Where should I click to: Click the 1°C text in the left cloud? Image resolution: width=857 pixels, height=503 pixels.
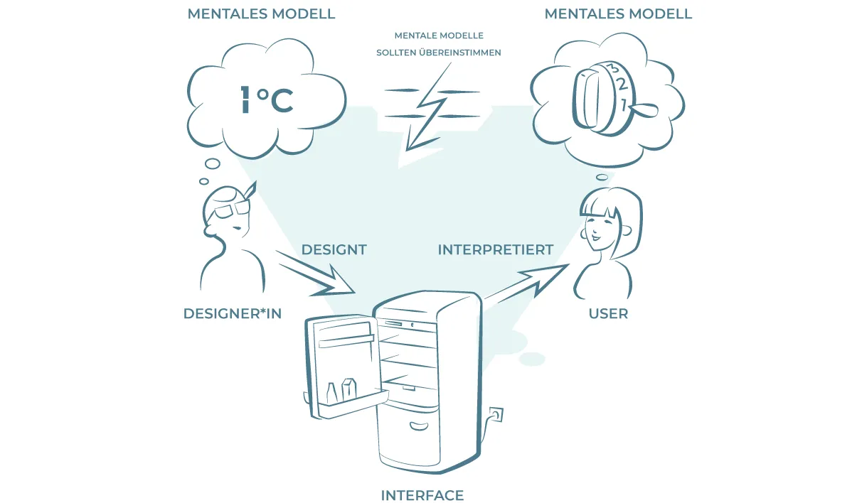click(x=267, y=99)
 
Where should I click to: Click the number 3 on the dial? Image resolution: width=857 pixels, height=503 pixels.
click(x=613, y=68)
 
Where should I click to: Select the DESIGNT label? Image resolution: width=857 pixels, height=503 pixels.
click(x=334, y=249)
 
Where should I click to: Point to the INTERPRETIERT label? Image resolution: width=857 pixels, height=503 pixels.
click(x=496, y=249)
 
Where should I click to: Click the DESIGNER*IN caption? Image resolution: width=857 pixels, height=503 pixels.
click(x=233, y=313)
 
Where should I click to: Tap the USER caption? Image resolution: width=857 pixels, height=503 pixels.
click(x=608, y=313)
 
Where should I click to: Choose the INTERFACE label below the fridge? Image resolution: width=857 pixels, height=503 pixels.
click(x=422, y=495)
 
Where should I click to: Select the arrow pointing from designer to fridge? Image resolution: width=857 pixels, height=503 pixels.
click(x=316, y=274)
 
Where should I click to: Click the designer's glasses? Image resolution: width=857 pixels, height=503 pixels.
click(x=231, y=209)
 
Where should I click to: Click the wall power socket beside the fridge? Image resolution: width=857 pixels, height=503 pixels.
click(x=496, y=415)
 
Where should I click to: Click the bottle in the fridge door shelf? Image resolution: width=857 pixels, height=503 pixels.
click(x=331, y=393)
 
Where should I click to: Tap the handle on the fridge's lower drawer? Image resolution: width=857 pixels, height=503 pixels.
click(x=420, y=426)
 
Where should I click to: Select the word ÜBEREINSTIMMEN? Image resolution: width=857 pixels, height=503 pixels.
click(x=460, y=53)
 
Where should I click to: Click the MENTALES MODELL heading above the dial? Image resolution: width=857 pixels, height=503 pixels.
click(x=618, y=13)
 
